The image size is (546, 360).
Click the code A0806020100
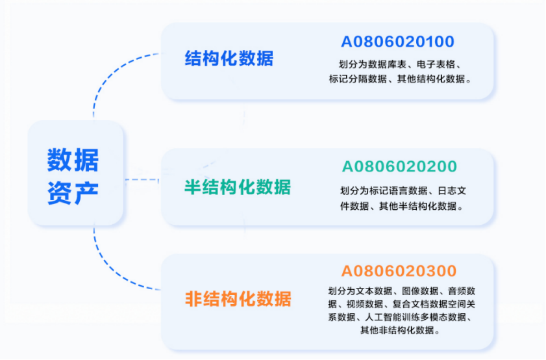coord(398,42)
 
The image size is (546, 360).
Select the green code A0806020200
coord(399,166)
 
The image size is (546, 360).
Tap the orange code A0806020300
coord(399,271)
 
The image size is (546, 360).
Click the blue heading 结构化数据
coord(229,58)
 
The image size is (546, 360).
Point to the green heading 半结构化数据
coord(238,187)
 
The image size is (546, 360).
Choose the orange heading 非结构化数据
coord(238,299)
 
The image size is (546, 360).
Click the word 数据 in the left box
coord(73,160)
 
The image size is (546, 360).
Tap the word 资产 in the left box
coord(73,193)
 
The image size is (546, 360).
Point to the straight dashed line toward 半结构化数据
coord(142,179)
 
